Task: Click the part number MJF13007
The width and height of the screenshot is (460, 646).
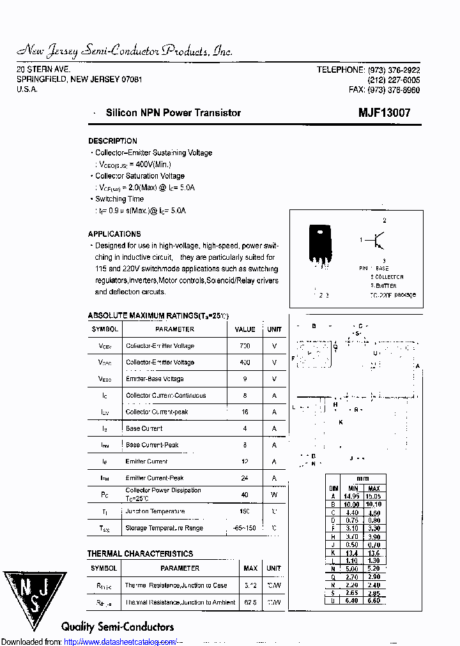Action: pos(384,113)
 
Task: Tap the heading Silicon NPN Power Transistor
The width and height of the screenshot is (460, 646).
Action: pos(173,113)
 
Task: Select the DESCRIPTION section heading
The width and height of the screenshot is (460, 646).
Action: pos(112,141)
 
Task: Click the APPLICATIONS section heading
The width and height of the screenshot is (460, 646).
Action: pos(114,234)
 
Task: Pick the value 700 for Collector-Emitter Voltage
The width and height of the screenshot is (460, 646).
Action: pos(245,346)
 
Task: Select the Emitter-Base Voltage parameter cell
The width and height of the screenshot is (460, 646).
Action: pos(155,379)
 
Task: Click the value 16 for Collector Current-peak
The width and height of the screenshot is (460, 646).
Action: pos(245,412)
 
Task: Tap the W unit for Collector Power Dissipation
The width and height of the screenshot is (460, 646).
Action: pos(274,495)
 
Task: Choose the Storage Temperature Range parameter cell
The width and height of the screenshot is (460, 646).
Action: pos(164,529)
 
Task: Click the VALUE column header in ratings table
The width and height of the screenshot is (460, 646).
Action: pos(245,329)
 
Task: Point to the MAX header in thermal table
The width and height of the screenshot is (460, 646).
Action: pos(250,568)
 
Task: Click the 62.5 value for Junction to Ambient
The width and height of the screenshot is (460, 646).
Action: pos(250,602)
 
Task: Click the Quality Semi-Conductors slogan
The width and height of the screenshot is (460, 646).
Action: pos(118,627)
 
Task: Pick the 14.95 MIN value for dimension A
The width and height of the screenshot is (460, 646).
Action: pos(351,496)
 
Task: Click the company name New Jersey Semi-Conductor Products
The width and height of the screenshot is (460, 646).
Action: pos(124,51)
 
